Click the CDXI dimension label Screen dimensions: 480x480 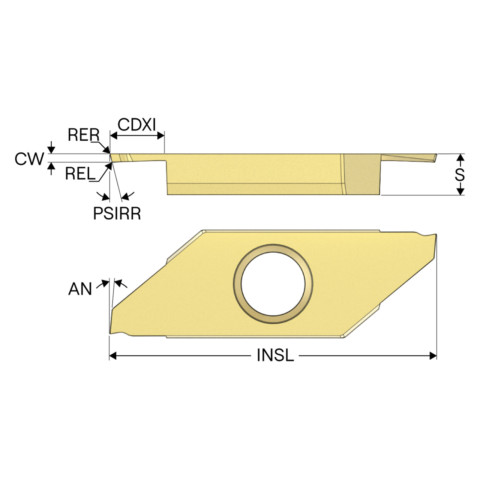click(x=136, y=124)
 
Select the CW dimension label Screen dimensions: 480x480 click(x=29, y=159)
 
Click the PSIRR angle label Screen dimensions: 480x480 click(x=117, y=213)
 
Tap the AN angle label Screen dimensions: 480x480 click(x=80, y=289)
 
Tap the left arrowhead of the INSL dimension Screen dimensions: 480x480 click(x=113, y=356)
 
